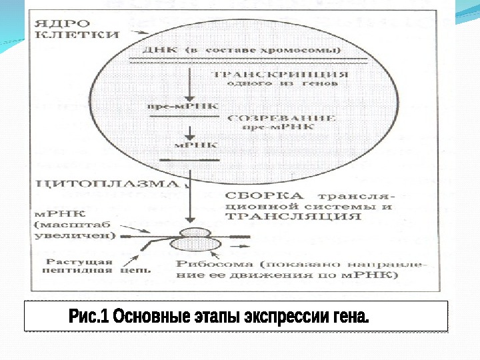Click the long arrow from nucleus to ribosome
point(191,197)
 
